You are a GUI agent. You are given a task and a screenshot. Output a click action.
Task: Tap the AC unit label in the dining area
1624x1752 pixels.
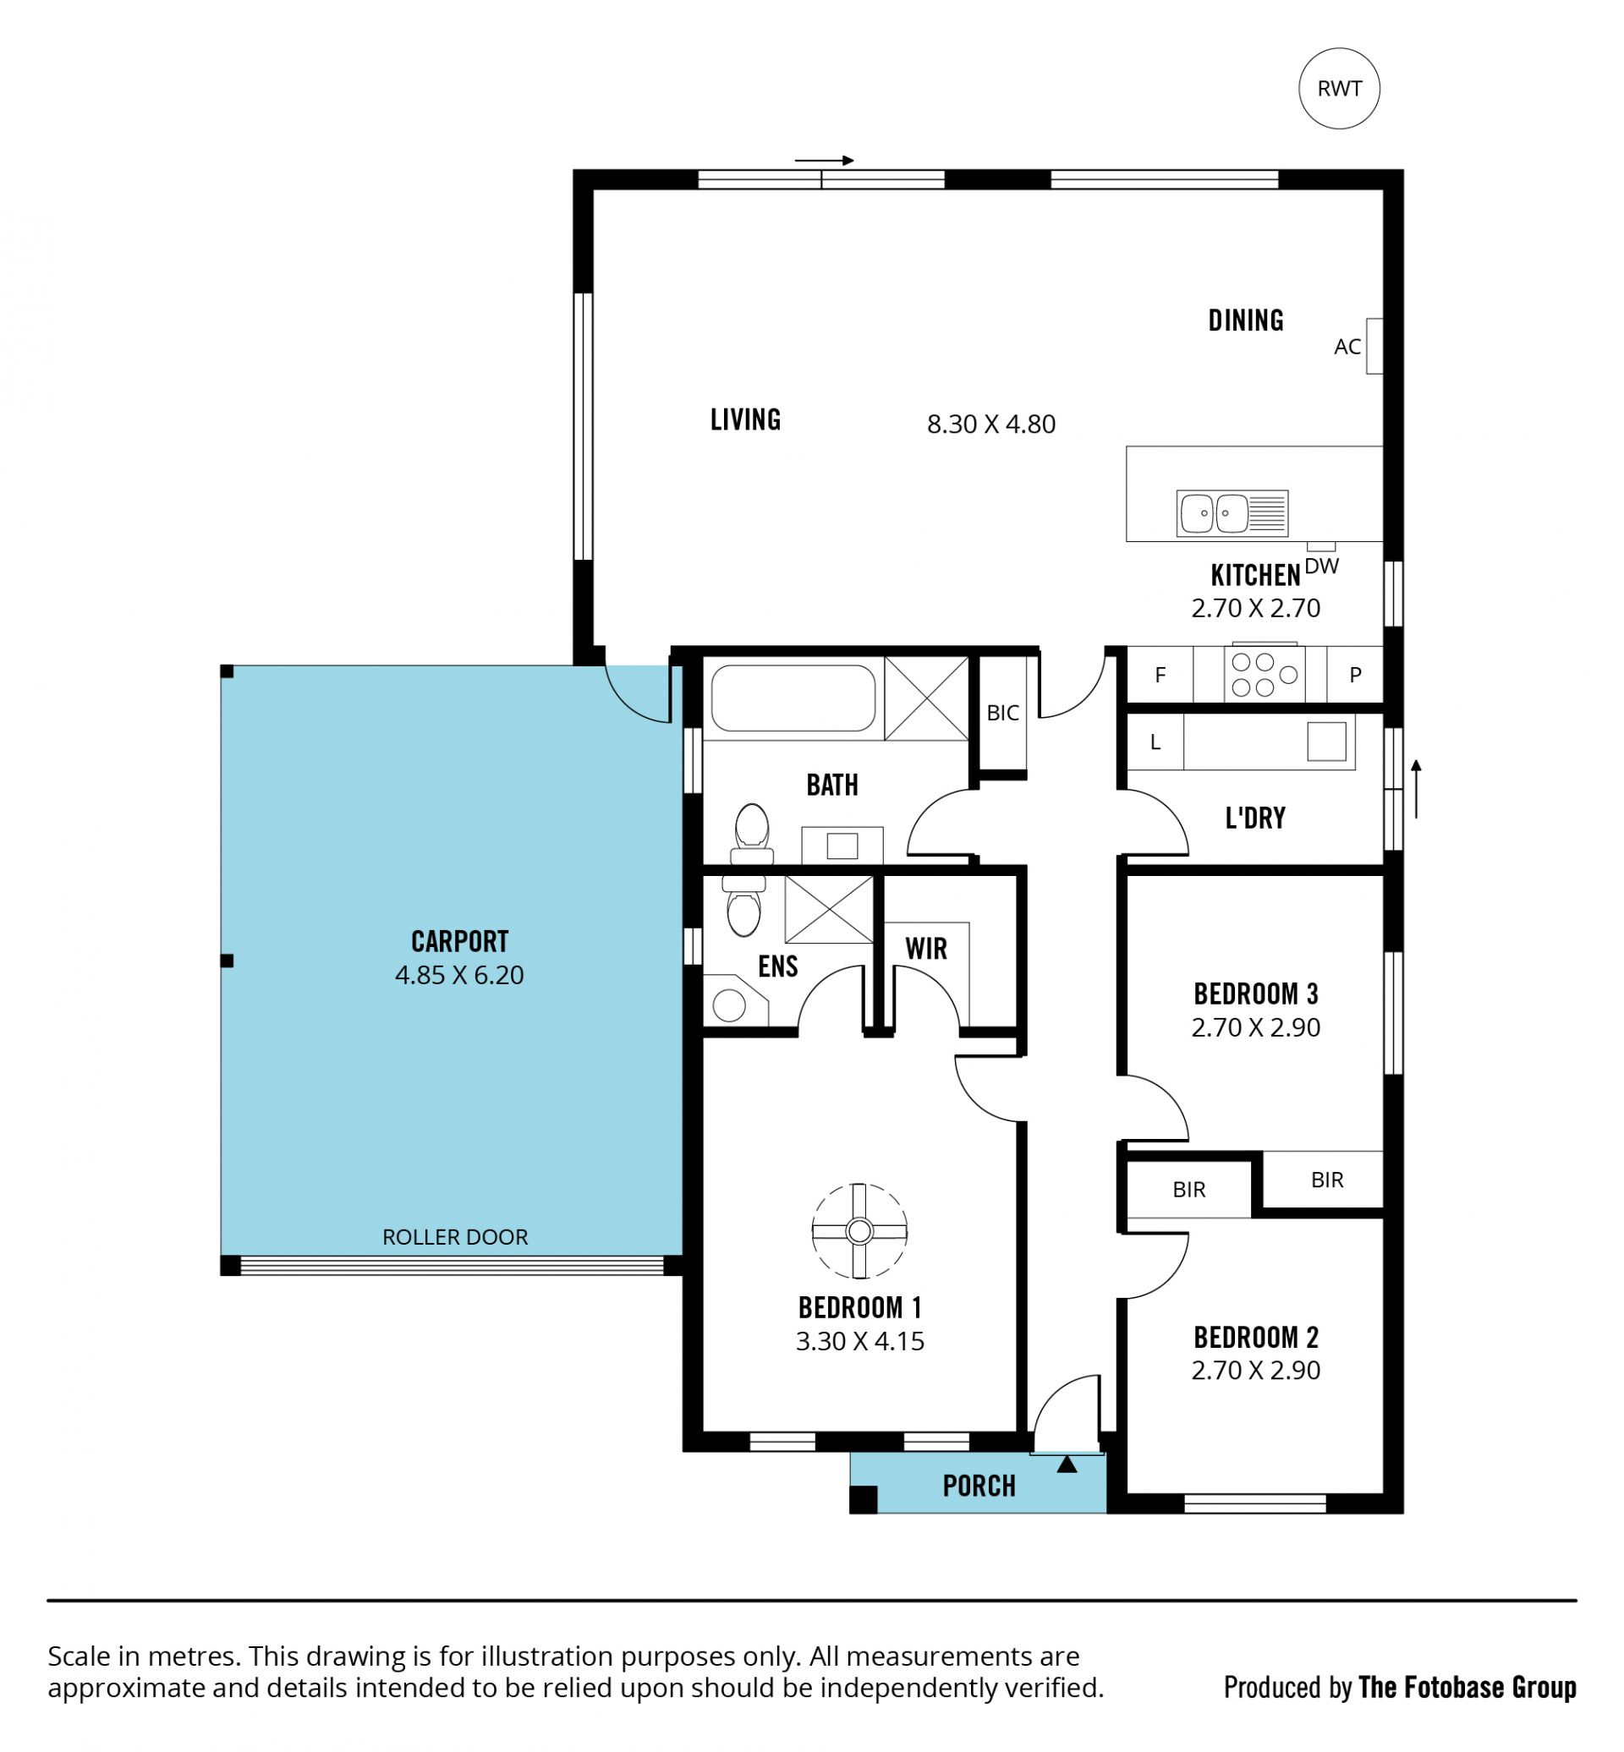tap(1347, 347)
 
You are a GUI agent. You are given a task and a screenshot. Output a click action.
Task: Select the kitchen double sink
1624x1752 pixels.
tap(1232, 513)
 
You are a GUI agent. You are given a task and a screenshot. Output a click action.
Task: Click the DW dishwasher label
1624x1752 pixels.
tap(1322, 567)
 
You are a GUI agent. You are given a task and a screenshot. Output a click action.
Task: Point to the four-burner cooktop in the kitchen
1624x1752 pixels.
tap(1264, 675)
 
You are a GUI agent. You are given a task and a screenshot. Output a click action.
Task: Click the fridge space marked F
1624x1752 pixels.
tap(1160, 675)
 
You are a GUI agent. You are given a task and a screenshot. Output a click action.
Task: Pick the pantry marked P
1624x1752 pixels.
tap(1355, 675)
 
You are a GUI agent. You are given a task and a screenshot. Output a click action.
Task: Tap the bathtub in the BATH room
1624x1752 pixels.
tap(793, 698)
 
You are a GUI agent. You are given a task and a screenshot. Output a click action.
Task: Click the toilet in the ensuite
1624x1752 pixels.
tap(743, 905)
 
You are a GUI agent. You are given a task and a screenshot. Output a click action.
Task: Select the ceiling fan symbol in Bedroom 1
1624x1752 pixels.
tap(859, 1231)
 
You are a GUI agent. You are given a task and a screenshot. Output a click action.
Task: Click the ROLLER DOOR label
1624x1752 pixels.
tap(455, 1237)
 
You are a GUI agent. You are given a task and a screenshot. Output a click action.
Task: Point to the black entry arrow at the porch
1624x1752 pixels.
tap(1067, 1464)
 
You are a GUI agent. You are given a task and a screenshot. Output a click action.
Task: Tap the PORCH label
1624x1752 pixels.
tap(979, 1486)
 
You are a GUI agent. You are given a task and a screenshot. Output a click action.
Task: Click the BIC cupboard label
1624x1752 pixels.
tap(1002, 713)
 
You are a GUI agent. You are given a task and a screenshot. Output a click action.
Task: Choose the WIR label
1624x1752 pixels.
tap(926, 949)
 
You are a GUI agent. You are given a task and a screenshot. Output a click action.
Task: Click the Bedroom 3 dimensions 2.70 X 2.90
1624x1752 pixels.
tap(1256, 1027)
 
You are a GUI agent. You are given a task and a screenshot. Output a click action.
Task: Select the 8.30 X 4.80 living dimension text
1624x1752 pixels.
tap(991, 424)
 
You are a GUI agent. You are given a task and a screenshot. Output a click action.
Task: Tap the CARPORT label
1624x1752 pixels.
tap(459, 942)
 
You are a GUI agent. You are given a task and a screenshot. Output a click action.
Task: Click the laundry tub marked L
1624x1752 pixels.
tap(1155, 742)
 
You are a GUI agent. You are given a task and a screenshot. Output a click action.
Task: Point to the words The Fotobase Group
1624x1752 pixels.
tap(1468, 1688)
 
